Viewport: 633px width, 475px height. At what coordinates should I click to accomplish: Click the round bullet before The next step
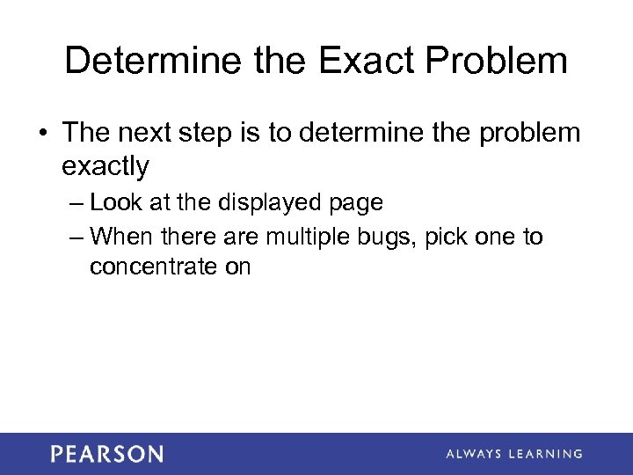tap(43, 134)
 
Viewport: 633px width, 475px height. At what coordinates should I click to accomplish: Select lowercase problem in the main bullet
tap(530, 133)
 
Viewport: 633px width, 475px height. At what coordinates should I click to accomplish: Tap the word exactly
tap(105, 164)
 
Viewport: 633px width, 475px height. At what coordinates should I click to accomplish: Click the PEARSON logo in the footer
tap(106, 454)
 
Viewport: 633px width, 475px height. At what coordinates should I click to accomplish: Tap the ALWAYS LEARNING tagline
tap(513, 454)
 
